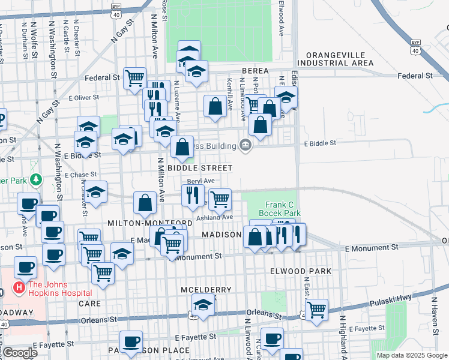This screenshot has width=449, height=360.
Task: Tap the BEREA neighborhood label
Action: click(255, 71)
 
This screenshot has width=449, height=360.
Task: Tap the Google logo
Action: click(19, 353)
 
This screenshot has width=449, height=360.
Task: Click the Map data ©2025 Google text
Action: click(411, 355)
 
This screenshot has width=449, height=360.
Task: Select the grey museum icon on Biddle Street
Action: click(245, 145)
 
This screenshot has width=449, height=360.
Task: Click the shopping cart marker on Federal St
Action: click(135, 78)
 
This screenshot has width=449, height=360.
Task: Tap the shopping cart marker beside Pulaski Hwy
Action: click(316, 310)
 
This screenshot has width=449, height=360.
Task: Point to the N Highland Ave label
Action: click(343, 336)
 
